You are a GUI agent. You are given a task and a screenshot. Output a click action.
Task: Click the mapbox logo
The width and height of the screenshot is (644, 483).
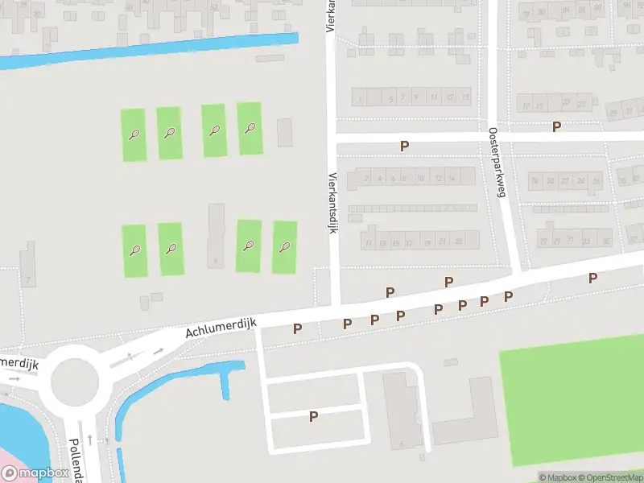point(35,473)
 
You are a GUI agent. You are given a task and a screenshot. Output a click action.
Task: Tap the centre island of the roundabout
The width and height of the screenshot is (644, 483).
point(74,382)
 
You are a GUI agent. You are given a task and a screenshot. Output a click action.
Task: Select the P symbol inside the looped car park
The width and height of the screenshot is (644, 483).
point(314,416)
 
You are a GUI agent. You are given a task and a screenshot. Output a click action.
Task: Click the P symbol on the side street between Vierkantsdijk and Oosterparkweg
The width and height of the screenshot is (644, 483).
point(405,146)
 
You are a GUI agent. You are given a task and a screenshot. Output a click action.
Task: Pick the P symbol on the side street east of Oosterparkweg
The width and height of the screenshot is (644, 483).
point(556,126)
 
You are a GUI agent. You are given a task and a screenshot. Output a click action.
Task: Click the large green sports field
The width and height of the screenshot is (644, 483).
point(572,407)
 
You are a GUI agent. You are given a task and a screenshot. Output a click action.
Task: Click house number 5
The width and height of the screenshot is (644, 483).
point(391,98)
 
